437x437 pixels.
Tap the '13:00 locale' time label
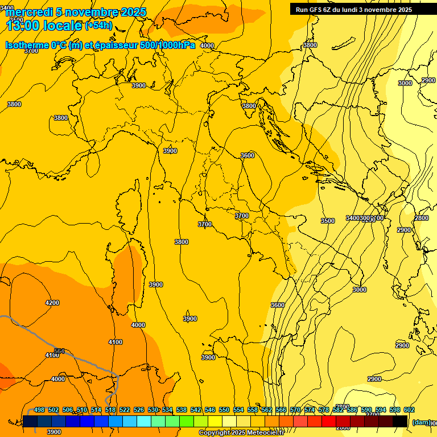(43, 25)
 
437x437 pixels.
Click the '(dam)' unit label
(420, 422)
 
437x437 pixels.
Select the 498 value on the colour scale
(39, 410)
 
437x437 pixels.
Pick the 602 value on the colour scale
(409, 410)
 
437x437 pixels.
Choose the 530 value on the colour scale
(153, 410)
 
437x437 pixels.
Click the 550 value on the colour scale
(224, 410)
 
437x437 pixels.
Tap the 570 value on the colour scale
(295, 410)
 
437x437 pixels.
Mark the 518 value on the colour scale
(110, 410)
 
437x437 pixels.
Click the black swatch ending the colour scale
(400, 421)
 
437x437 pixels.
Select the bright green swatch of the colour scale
(187, 421)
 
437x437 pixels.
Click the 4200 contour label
(52, 303)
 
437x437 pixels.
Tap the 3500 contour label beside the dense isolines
(328, 221)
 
